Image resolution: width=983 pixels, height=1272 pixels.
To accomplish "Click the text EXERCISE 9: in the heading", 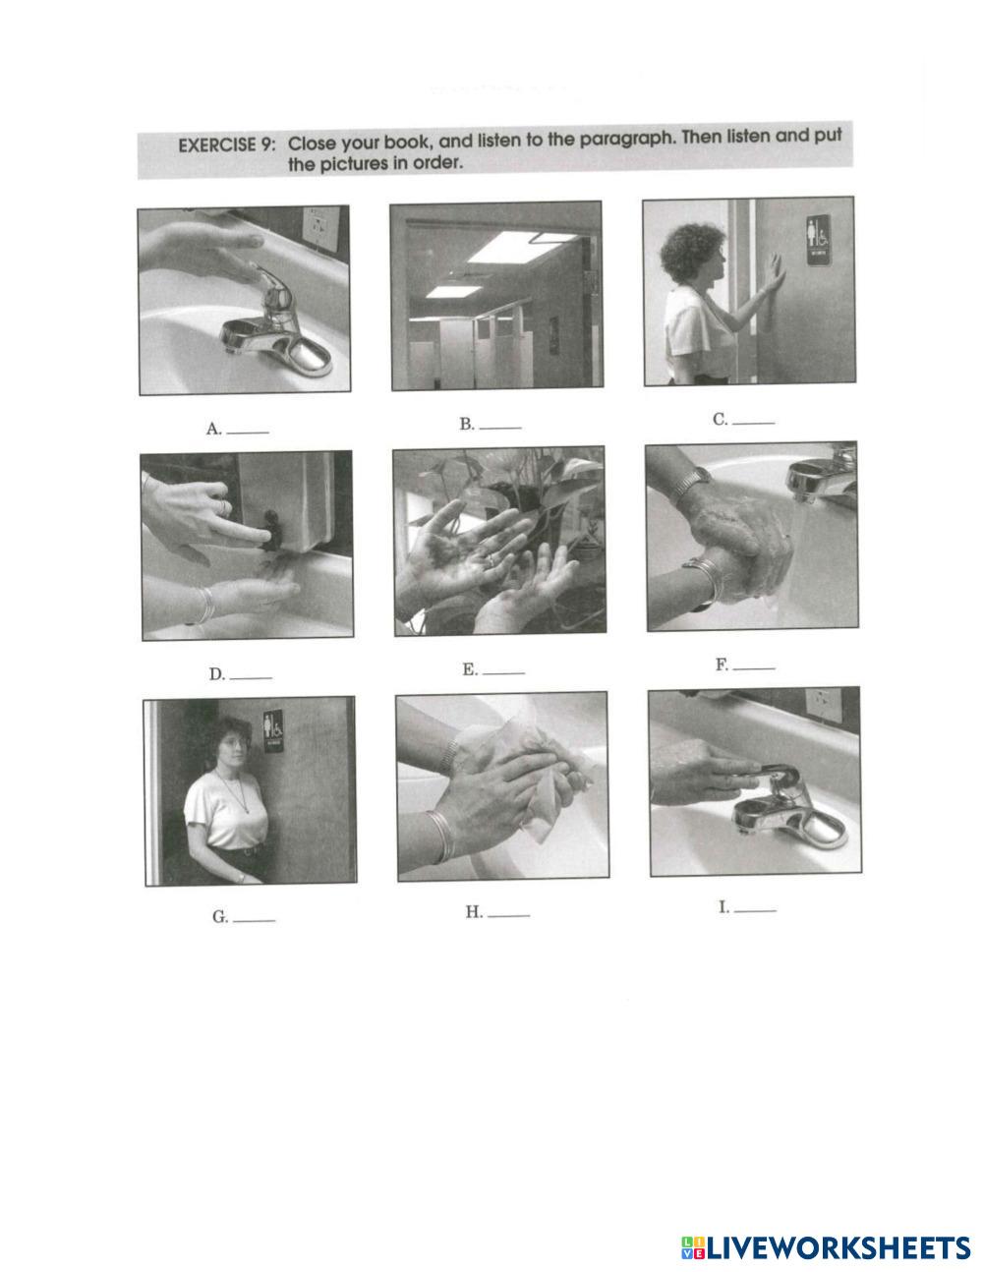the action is pyautogui.click(x=226, y=145).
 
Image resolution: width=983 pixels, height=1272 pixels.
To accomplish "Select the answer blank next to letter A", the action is pyautogui.click(x=248, y=434).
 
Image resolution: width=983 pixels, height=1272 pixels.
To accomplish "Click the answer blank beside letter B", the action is pyautogui.click(x=500, y=428).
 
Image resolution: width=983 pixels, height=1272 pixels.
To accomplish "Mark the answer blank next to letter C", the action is pyautogui.click(x=754, y=423).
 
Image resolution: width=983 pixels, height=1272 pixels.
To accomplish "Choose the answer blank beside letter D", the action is pyautogui.click(x=251, y=678).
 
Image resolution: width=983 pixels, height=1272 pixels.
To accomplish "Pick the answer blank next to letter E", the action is pyautogui.click(x=503, y=673).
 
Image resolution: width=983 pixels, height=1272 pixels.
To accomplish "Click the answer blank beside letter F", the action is pyautogui.click(x=754, y=667).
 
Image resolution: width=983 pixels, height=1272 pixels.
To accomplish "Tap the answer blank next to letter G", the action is pyautogui.click(x=254, y=921).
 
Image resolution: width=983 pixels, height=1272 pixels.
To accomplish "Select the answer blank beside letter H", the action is pyautogui.click(x=508, y=915).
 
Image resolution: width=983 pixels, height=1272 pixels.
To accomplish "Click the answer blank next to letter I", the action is pyautogui.click(x=756, y=911).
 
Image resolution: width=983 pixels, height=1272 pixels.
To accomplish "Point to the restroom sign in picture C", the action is pyautogui.click(x=818, y=240).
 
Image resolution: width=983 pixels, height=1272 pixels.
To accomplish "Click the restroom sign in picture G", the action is pyautogui.click(x=273, y=731).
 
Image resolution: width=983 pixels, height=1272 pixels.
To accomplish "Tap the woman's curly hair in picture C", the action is pyautogui.click(x=691, y=253).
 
